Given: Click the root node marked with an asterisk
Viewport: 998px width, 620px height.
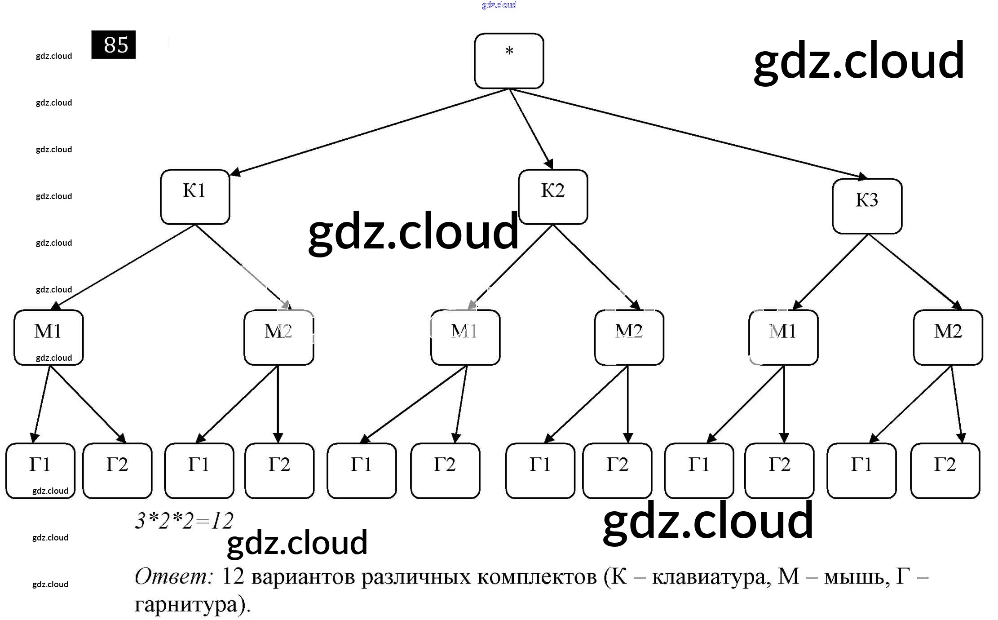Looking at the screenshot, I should coord(508,61).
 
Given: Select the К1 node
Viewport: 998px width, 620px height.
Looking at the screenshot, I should coord(195,197).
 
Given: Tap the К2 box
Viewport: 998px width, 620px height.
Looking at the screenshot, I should coord(553,197).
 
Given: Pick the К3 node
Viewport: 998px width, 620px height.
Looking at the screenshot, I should coord(867,206).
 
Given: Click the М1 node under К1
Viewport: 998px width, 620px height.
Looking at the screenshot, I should coord(49,337).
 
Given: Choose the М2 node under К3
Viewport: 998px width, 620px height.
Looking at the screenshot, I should coord(948,337).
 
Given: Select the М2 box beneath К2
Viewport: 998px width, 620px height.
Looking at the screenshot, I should coord(629,337).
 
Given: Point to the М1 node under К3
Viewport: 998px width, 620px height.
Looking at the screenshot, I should coord(783,337).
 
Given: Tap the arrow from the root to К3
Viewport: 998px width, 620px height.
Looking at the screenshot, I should coord(687,133).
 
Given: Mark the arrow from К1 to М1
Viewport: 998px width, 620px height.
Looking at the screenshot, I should coord(124,267).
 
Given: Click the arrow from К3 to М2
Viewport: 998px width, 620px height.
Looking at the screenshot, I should coord(914,271).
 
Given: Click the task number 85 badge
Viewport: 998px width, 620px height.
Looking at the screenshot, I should coord(113,44).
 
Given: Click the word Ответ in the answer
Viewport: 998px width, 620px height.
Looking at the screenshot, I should coord(172,576).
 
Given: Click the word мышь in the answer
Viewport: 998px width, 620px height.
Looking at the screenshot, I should coord(856,576).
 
